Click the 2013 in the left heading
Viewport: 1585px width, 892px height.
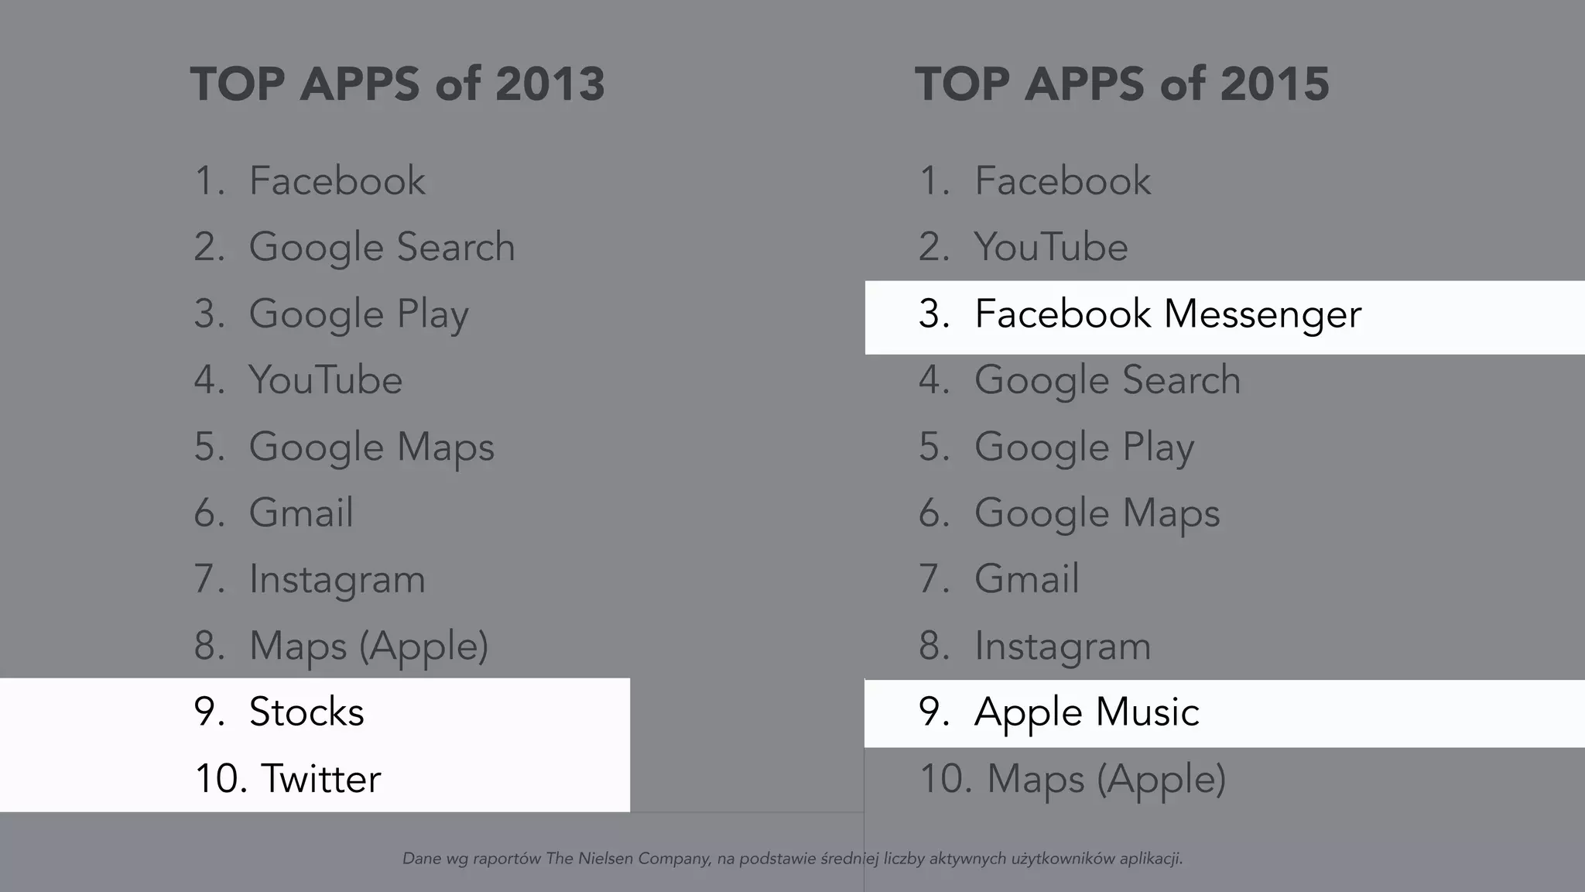click(x=549, y=84)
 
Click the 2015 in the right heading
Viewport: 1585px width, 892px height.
click(x=1275, y=84)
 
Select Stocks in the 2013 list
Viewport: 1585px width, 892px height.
click(x=306, y=712)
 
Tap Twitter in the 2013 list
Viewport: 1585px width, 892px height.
click(x=320, y=779)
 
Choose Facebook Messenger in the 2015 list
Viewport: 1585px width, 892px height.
click(x=1167, y=314)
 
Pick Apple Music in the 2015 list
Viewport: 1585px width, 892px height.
click(x=1087, y=712)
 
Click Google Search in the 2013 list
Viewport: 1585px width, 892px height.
click(x=382, y=248)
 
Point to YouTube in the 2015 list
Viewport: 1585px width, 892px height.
click(x=1051, y=248)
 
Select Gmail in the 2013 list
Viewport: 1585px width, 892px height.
click(x=301, y=513)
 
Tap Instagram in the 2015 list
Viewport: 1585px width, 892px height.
click(x=1062, y=646)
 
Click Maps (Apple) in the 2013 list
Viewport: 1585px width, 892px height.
click(x=368, y=646)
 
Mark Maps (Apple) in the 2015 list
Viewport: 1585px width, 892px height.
click(x=1107, y=779)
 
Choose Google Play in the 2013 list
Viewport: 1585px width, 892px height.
click(x=358, y=314)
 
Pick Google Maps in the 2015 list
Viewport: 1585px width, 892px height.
click(x=1097, y=513)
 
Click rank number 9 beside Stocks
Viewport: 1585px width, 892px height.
click(x=206, y=712)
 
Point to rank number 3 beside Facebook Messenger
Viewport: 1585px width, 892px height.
click(x=932, y=314)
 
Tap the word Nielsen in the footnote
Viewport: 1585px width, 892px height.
click(x=604, y=859)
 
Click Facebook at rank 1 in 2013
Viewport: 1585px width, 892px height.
click(x=337, y=181)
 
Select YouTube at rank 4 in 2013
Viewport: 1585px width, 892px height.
click(x=325, y=380)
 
